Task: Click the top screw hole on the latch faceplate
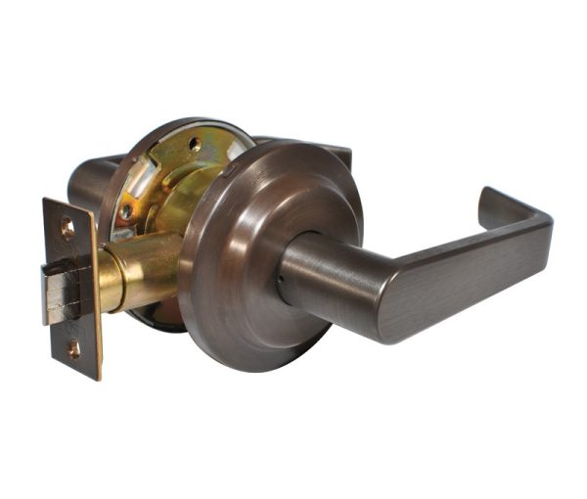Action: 67,227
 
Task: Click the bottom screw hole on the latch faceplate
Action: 73,347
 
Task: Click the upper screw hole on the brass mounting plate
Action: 195,144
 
